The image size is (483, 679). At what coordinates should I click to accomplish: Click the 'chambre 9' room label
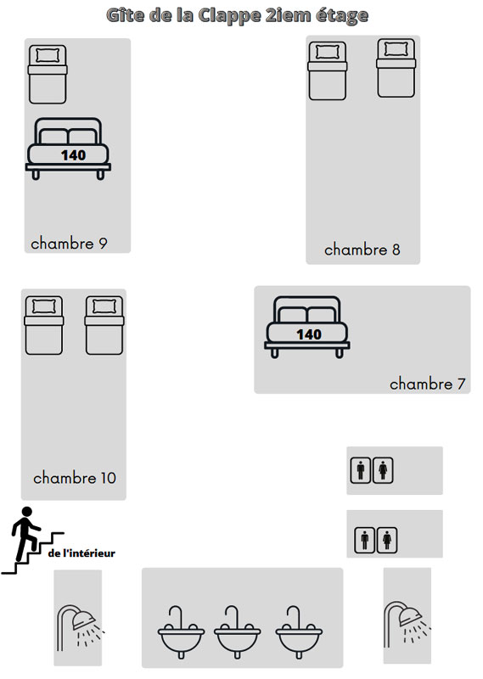point(69,244)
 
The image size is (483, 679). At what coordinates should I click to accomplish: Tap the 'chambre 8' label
point(362,250)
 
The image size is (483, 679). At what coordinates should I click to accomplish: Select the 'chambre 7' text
point(427,384)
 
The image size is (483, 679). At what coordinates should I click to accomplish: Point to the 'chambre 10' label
point(75,478)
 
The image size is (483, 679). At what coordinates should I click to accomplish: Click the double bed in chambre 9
point(69,149)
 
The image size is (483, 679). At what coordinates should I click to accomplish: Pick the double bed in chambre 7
point(307,328)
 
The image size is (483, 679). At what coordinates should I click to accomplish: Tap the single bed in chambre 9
point(48,75)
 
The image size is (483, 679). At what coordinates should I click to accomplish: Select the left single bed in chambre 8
point(328,71)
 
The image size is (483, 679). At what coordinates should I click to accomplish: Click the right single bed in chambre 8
point(396,68)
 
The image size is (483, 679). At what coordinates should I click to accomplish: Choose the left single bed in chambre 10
point(44,325)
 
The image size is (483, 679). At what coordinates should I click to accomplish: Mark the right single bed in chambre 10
point(104,325)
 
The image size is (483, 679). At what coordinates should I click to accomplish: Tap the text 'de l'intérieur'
point(81,553)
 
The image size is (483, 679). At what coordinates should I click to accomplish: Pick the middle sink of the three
point(238,632)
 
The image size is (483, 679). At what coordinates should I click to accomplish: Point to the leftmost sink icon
point(181,632)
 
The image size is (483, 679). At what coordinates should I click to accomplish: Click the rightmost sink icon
point(299,632)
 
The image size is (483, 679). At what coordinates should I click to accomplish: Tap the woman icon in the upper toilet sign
point(383,470)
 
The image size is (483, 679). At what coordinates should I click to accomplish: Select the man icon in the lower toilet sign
point(365,540)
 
